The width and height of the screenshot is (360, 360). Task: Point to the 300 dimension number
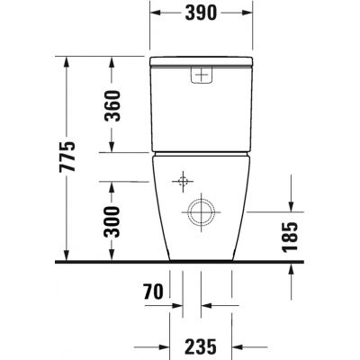[112, 220]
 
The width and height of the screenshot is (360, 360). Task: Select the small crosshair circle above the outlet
[184, 182]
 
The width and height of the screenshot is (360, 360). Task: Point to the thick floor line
[180, 262]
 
